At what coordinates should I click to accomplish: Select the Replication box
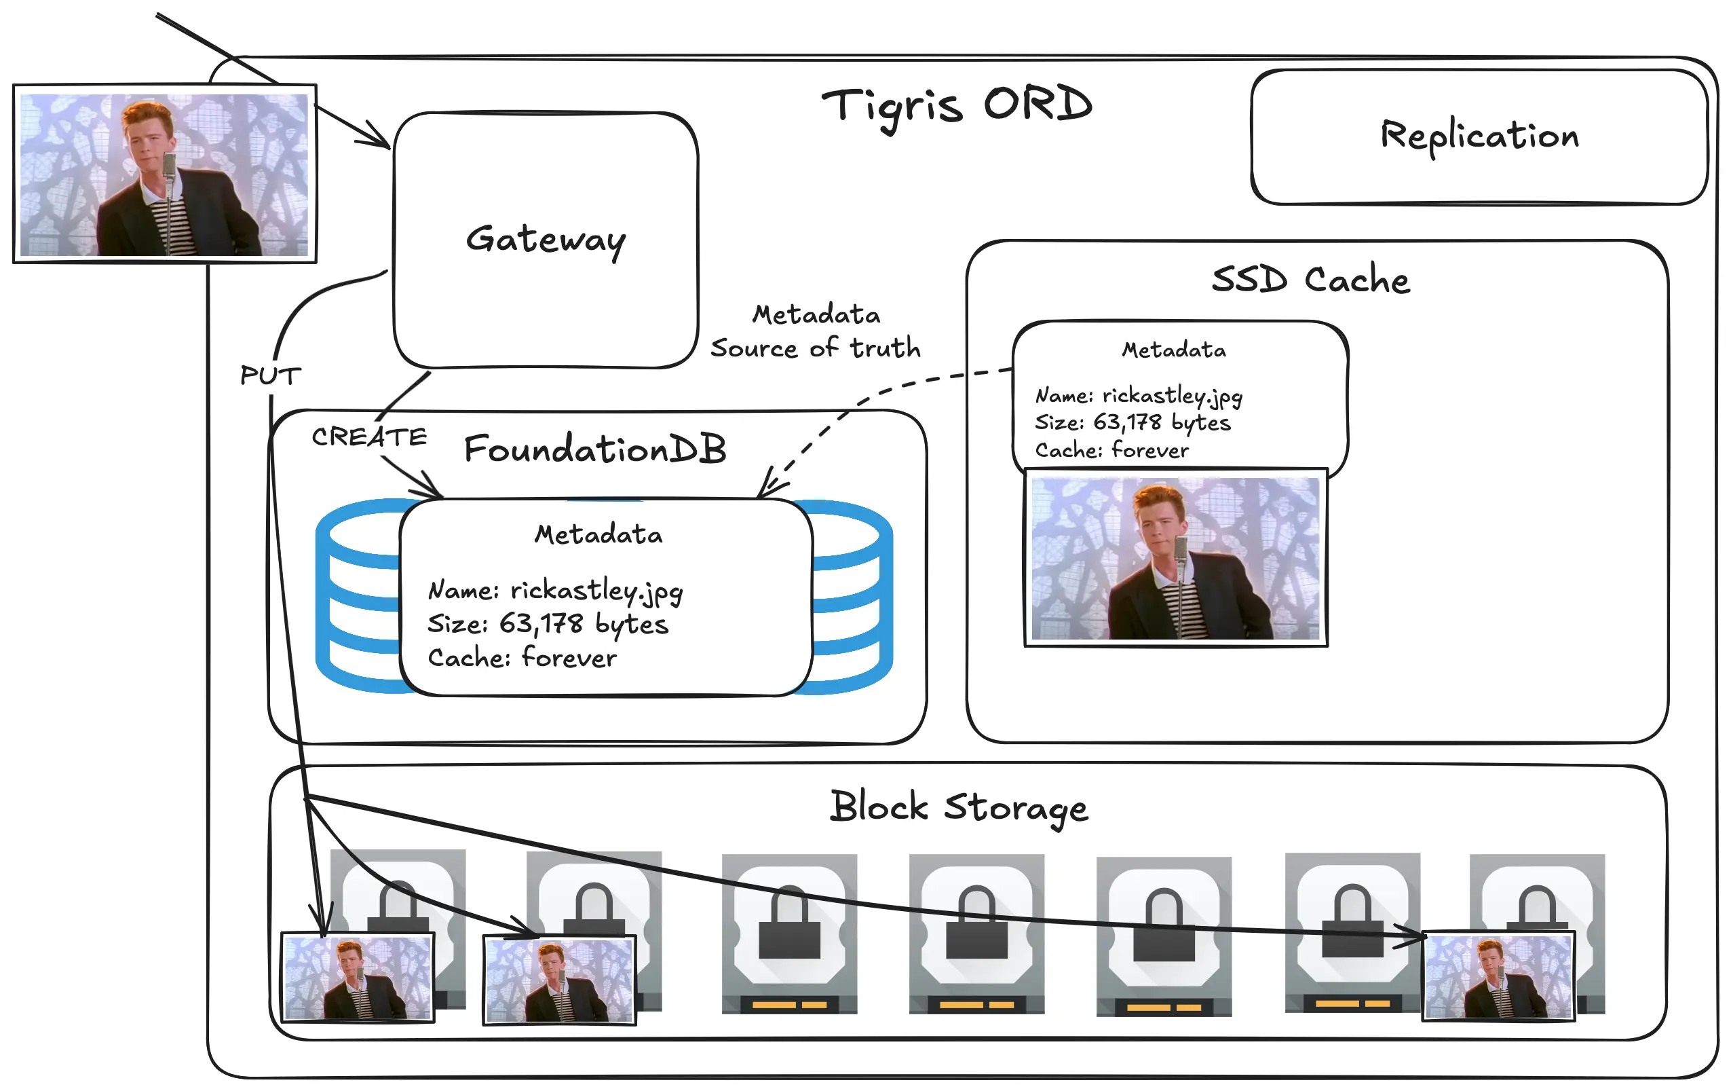click(1479, 136)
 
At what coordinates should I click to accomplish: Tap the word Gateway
click(546, 240)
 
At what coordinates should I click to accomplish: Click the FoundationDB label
click(594, 449)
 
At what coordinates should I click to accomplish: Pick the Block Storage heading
click(958, 807)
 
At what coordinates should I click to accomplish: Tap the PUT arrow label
click(270, 375)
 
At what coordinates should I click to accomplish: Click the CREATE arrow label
click(368, 437)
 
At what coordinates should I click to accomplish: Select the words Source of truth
click(815, 348)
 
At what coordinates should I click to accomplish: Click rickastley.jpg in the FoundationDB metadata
click(596, 591)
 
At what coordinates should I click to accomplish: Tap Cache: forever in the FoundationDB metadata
click(522, 657)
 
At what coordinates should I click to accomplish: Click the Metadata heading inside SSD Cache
click(1174, 350)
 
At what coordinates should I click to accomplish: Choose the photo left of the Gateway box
click(165, 174)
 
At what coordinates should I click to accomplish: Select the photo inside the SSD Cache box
click(1175, 557)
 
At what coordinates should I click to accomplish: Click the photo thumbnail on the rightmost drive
click(1498, 976)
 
